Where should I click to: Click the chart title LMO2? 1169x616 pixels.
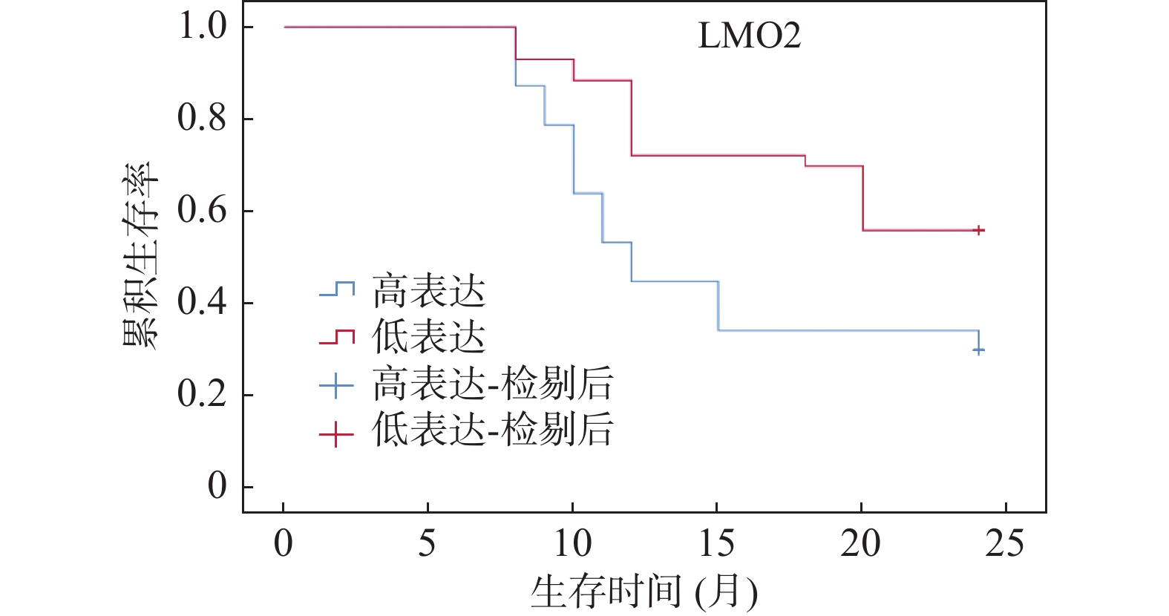click(x=749, y=36)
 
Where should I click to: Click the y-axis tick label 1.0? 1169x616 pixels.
click(x=202, y=27)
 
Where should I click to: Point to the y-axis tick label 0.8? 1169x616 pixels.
click(x=202, y=119)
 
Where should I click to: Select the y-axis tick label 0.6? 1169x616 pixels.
click(x=202, y=211)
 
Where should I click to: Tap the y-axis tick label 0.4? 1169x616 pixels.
click(x=202, y=303)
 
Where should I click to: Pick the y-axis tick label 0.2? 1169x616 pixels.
click(x=202, y=395)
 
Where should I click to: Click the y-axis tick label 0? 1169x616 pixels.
click(x=217, y=487)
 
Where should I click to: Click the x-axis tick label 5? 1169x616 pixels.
click(x=427, y=544)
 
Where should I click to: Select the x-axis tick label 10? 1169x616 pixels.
click(x=572, y=544)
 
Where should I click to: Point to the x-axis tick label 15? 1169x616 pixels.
click(x=716, y=544)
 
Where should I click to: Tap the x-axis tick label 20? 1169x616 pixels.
click(x=860, y=544)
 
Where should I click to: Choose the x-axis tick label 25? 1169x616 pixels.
click(x=1005, y=544)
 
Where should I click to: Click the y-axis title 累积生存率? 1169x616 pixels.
click(x=140, y=256)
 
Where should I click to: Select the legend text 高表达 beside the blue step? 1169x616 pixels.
click(x=428, y=291)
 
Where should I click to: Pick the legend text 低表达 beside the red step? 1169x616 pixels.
click(x=428, y=338)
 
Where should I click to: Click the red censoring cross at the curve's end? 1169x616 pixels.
click(x=979, y=230)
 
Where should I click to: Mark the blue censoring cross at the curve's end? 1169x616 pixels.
click(x=979, y=350)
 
